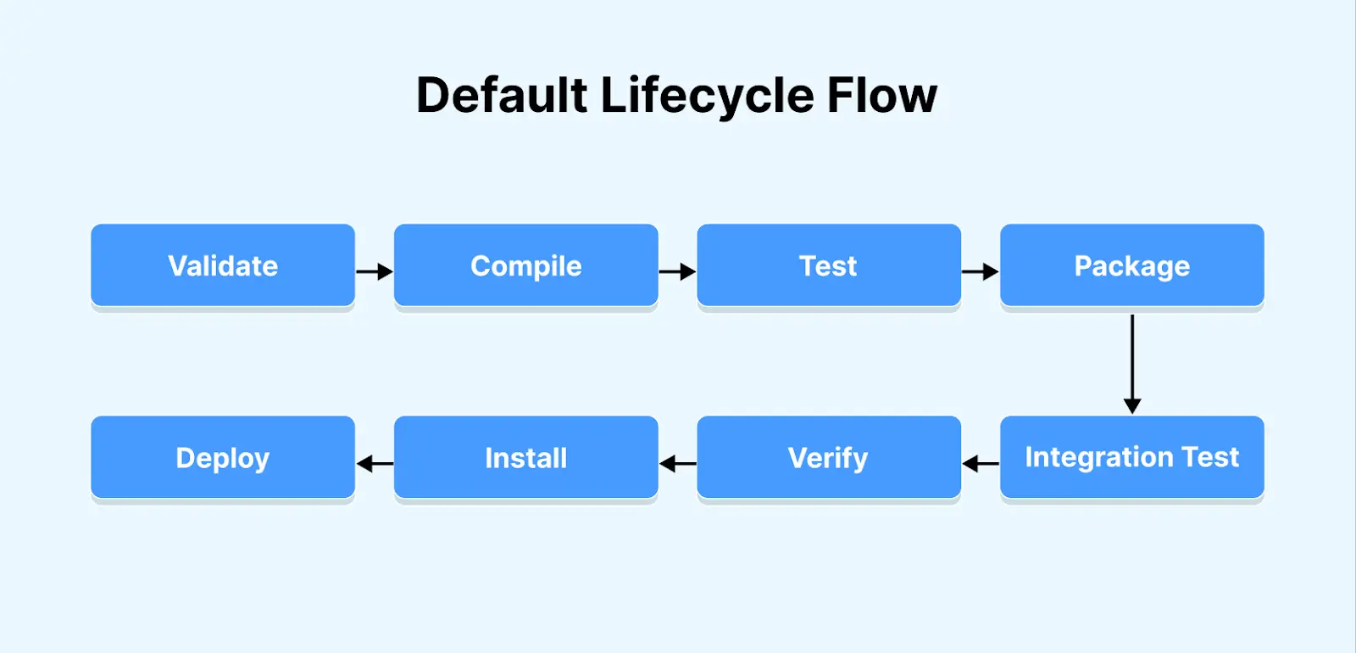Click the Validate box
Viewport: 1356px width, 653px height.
tap(223, 265)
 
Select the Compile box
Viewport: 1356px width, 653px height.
tap(525, 265)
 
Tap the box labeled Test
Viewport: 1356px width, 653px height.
tap(828, 265)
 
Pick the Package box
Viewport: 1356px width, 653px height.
tap(1131, 265)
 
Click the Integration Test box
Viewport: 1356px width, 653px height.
tap(1131, 457)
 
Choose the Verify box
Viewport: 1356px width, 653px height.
tap(828, 457)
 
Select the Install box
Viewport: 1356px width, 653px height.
tap(525, 457)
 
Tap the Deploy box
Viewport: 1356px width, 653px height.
tap(223, 457)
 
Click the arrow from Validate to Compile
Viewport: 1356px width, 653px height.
tap(374, 271)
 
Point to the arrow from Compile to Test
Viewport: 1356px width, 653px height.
tap(677, 271)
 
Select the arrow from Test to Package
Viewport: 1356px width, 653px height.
tap(980, 271)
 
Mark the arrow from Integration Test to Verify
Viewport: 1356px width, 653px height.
tap(981, 464)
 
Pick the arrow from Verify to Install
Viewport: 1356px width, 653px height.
tap(678, 464)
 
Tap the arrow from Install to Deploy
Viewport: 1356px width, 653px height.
tap(375, 464)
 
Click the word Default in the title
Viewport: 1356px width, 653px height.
tap(502, 95)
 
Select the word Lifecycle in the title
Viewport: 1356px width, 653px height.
tap(707, 95)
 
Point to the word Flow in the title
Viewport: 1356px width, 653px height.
tap(881, 95)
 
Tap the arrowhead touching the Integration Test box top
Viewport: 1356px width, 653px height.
tap(1132, 406)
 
